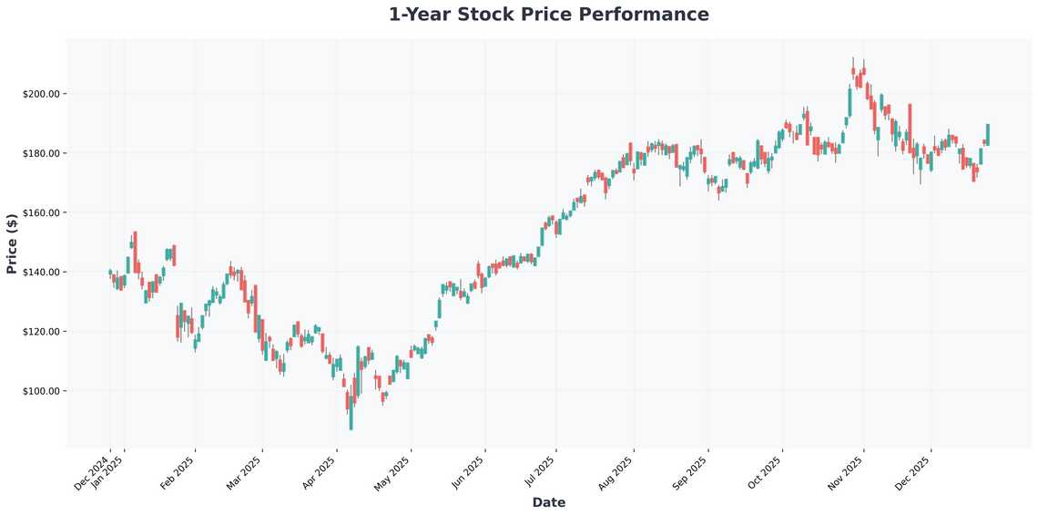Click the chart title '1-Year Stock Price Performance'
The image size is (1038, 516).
click(548, 15)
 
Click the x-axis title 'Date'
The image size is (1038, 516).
click(548, 502)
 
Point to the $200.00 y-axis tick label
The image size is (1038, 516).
click(41, 94)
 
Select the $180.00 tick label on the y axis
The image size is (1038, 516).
click(41, 153)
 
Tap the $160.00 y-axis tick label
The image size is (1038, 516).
click(41, 212)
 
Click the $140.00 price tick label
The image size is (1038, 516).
click(41, 272)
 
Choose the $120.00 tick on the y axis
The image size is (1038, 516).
click(41, 332)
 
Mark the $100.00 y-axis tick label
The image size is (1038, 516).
click(41, 391)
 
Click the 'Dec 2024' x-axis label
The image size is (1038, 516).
click(92, 473)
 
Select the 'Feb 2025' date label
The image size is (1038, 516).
click(178, 473)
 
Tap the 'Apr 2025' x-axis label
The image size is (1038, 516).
click(319, 473)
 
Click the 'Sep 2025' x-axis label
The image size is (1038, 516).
click(691, 473)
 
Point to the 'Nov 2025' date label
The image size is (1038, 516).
click(847, 473)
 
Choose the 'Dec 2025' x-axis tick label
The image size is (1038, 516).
click(914, 473)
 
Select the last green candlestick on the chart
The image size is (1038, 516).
click(988, 134)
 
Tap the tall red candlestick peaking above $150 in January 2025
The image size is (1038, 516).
click(135, 252)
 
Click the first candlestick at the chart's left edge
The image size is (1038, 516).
click(110, 272)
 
